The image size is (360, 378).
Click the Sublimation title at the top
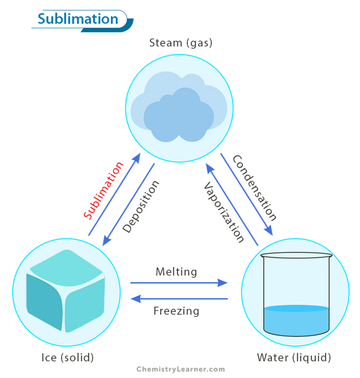tap(78, 19)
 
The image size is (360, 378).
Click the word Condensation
tap(254, 188)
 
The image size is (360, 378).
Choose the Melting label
tap(176, 272)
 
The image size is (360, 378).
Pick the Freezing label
tap(176, 311)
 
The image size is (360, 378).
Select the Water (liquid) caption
tap(294, 358)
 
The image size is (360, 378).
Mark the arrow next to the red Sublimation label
tap(115, 194)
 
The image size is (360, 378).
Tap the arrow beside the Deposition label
tap(128, 204)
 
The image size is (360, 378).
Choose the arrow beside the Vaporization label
tap(232, 204)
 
